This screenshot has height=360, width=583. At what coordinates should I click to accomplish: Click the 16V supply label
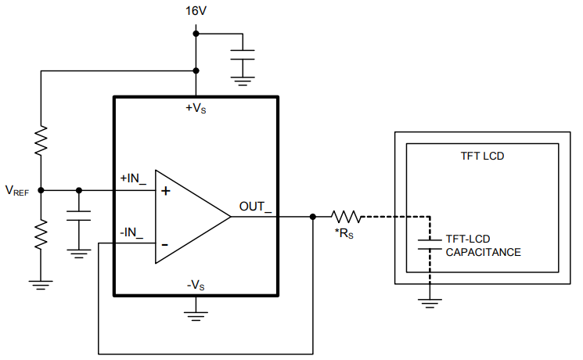(196, 11)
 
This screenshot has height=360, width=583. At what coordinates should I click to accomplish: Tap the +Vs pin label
(196, 108)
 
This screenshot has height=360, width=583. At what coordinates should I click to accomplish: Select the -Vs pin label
(196, 284)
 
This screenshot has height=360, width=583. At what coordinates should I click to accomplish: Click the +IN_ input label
(133, 178)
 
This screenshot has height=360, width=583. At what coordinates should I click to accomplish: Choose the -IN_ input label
(131, 232)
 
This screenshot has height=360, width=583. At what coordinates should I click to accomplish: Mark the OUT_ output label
(256, 207)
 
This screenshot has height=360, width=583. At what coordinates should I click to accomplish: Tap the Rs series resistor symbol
(344, 217)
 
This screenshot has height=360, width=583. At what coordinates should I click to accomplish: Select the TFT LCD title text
(483, 156)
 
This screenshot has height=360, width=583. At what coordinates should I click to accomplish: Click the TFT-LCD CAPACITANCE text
(483, 245)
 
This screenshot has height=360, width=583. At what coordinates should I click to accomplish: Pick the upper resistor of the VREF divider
(41, 141)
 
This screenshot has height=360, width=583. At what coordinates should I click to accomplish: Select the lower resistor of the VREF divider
(41, 233)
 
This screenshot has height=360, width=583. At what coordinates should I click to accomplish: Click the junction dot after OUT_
(313, 217)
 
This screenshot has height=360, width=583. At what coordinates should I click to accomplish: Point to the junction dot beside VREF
(41, 190)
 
